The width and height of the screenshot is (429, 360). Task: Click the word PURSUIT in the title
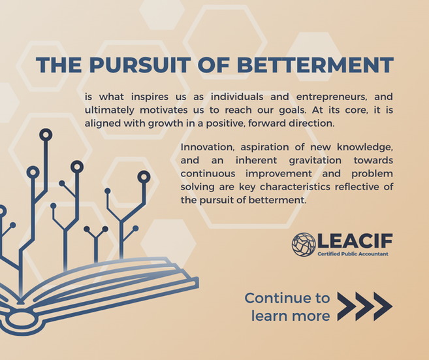[140, 65]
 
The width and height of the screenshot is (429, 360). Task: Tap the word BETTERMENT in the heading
[315, 65]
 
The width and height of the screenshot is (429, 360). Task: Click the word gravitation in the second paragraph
[315, 161]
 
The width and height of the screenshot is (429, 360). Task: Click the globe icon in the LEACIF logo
[304, 244]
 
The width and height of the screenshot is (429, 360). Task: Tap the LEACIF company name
[355, 241]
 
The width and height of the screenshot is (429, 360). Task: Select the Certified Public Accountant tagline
[353, 254]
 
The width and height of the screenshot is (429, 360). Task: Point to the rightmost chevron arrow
[383, 306]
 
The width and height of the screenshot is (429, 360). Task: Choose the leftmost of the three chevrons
[347, 306]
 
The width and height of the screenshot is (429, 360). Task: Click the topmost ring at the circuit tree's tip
[46, 135]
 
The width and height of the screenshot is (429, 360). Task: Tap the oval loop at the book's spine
[21, 319]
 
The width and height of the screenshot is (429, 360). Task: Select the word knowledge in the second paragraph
[365, 148]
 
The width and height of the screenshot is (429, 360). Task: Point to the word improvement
[279, 174]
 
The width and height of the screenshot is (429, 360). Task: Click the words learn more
[291, 316]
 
